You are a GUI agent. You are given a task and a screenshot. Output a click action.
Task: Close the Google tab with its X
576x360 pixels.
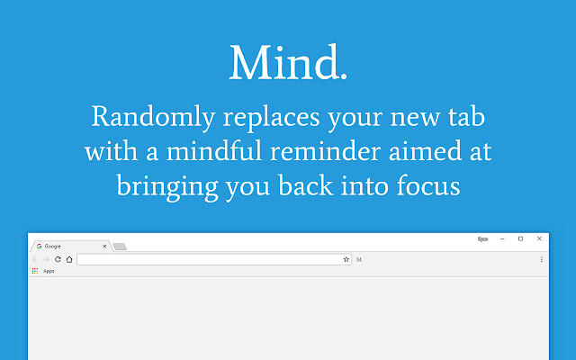tap(104, 246)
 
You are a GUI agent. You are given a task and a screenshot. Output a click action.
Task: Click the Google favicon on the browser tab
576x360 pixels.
tap(40, 246)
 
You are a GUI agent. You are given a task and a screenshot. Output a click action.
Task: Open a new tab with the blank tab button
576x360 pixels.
tap(120, 246)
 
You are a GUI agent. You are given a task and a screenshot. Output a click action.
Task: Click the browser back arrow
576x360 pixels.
tap(35, 259)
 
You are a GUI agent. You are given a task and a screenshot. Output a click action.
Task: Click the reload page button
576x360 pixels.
tap(58, 259)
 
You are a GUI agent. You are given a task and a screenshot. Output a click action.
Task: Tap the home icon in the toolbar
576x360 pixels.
tap(69, 259)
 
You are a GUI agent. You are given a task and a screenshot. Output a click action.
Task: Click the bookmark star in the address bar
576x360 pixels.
tap(346, 259)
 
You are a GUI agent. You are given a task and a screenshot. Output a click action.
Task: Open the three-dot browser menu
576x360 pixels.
tap(542, 259)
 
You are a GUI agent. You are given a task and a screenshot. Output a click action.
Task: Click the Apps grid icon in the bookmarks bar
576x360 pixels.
tap(35, 270)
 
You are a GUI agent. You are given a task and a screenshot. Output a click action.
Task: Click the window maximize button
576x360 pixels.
tap(520, 238)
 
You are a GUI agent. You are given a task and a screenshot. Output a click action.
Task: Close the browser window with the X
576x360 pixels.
tap(539, 238)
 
